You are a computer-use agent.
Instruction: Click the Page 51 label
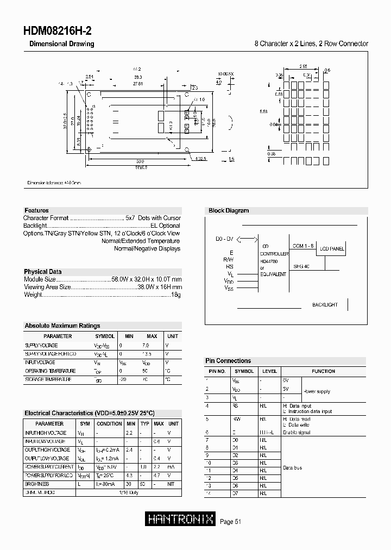coord(230,522)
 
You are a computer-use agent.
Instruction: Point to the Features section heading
coord(36,210)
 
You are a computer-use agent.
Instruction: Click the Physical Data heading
coord(43,272)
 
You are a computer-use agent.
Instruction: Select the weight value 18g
coord(175,295)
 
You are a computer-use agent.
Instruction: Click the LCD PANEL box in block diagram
coord(331,249)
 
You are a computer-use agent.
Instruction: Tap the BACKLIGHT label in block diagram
coord(325,305)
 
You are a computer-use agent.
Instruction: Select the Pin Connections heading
coord(228,361)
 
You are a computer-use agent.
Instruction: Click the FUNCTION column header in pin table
coord(323,371)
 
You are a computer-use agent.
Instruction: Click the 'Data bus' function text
coord(292,468)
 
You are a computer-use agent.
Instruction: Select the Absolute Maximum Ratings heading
coord(62,326)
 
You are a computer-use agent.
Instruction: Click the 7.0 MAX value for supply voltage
coord(145,346)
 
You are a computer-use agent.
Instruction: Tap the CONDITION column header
coord(109,423)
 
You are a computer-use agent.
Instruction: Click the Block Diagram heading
coord(229,211)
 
